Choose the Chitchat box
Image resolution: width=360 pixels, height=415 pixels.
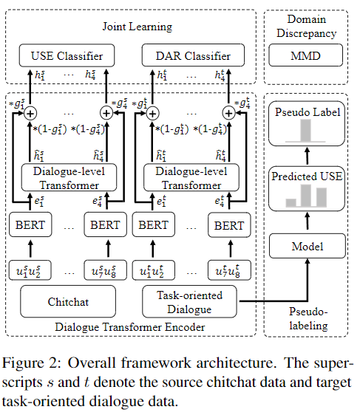[x=67, y=302]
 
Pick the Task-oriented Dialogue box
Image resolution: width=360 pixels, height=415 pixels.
[x=192, y=301]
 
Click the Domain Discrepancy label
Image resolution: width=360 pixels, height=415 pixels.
[x=305, y=27]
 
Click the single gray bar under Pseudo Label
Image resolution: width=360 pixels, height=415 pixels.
[x=305, y=131]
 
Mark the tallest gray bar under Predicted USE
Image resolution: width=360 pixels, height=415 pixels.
[x=319, y=196]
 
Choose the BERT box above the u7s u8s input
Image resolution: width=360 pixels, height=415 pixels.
[x=104, y=225]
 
